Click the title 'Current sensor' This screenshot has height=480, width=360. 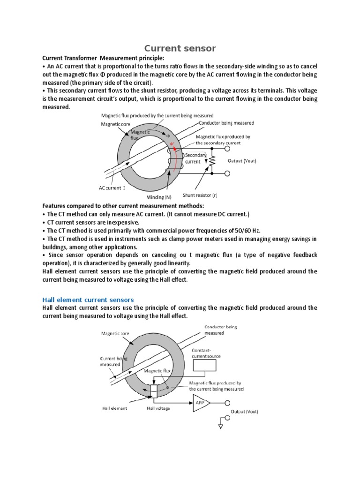coord(180,48)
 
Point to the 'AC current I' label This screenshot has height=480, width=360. coord(112,187)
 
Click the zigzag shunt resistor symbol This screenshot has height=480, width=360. coord(212,161)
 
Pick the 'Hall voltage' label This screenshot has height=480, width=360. coord(158,408)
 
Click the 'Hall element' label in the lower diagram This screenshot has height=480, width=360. coord(115,408)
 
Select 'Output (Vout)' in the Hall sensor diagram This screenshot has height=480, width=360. coord(244,412)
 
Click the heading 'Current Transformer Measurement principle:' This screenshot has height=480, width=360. coord(104,58)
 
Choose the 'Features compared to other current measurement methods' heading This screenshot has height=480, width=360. coord(123,206)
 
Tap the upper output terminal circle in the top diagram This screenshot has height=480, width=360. coord(227,149)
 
